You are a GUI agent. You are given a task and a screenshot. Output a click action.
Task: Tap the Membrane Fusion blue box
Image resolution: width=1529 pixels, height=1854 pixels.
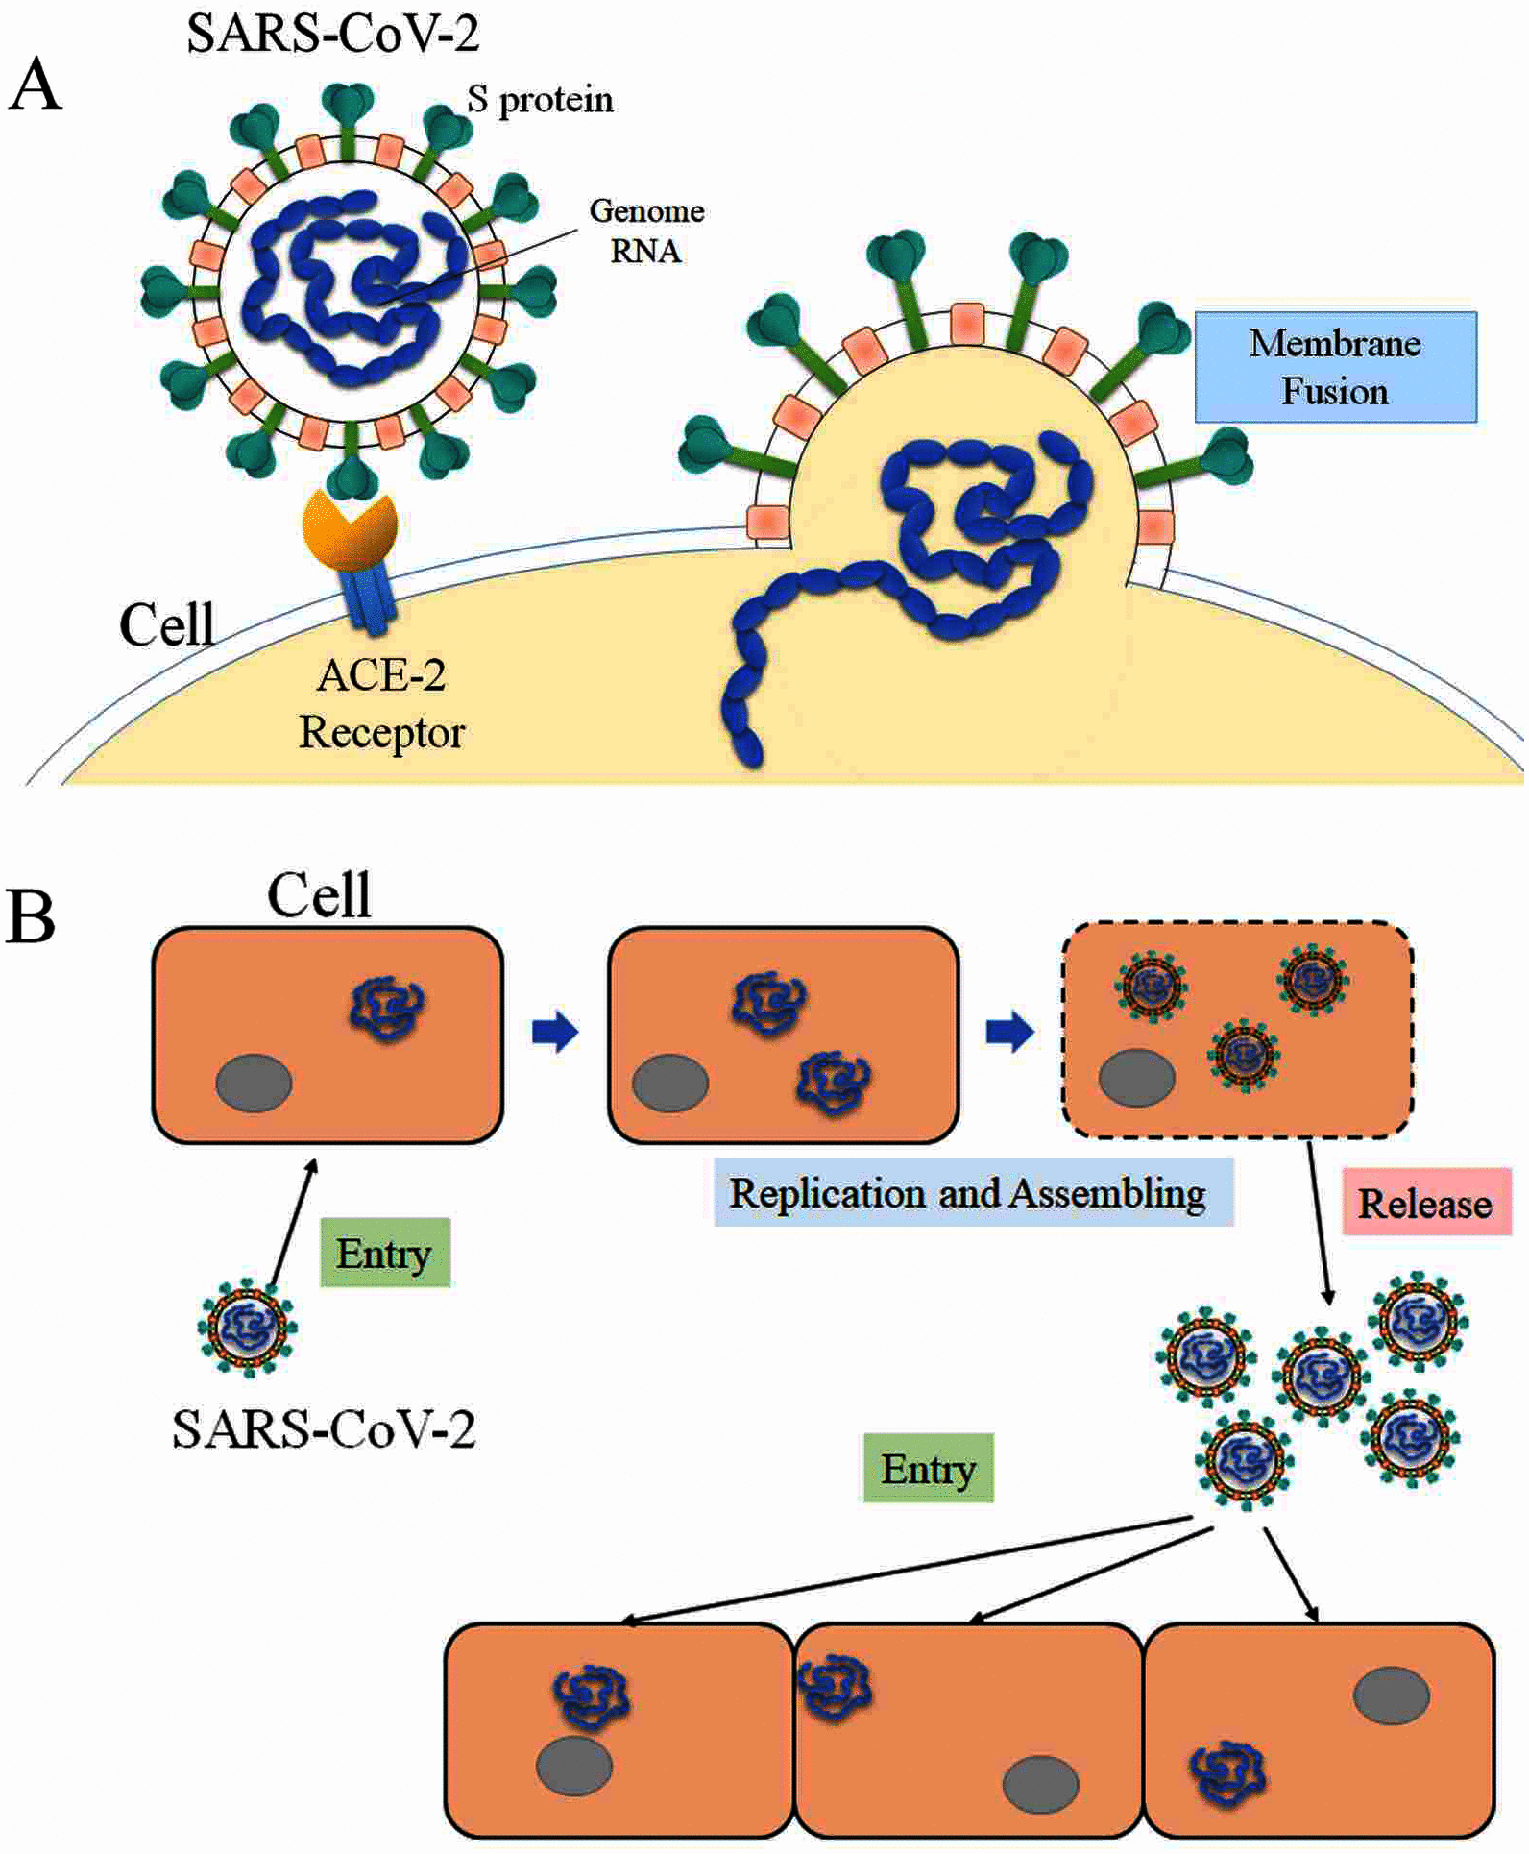coord(1335,367)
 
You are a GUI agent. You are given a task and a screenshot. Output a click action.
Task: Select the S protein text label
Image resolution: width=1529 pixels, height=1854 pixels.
coord(540,100)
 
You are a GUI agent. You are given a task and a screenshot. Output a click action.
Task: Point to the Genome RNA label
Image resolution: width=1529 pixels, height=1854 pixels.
coord(646,231)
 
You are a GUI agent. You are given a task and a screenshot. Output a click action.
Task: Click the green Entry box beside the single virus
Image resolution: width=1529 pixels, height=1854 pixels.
coord(384,1254)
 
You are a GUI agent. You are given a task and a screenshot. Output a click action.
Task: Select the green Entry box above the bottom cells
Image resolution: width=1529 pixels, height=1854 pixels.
coord(928,1469)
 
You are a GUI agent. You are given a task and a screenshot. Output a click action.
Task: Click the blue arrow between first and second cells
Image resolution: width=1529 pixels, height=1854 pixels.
coord(555,1032)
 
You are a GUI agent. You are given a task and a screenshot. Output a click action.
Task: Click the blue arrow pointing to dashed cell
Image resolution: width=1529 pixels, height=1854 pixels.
coord(1010,1032)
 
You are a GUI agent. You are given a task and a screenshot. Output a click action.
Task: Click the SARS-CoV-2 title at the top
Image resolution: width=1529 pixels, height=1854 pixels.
coord(332,35)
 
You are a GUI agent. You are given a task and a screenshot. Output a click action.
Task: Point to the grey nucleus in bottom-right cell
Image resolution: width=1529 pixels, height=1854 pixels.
coord(1391,1696)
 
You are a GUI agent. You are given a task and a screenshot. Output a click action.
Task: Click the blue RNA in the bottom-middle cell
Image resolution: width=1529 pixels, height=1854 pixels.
coord(835,1688)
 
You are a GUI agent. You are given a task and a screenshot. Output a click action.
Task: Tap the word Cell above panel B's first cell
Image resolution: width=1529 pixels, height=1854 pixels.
coord(319,895)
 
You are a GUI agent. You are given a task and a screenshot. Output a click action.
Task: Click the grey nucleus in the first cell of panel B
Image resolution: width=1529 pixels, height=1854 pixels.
coord(254,1083)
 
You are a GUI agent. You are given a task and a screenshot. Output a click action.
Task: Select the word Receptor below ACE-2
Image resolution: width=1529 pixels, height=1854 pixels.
coord(382,734)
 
